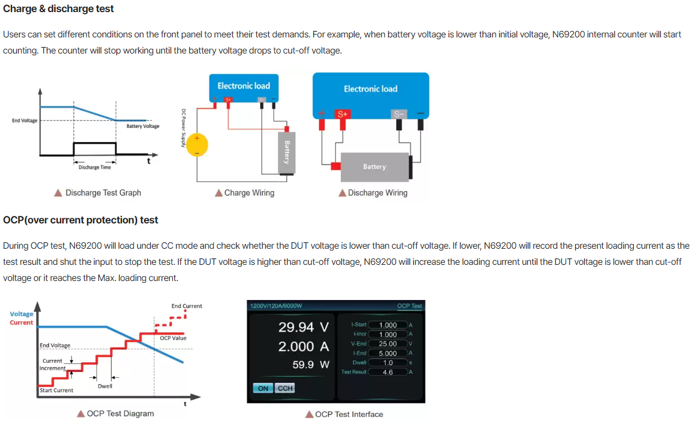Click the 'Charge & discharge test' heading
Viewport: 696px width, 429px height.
58,9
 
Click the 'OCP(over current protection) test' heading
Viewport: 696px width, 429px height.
81,220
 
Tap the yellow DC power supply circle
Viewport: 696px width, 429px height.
197,145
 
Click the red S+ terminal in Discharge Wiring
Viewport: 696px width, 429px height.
343,114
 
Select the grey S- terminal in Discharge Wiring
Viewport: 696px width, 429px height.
398,114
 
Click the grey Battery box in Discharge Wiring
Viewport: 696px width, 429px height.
375,167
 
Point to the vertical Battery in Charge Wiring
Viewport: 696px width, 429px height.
287,153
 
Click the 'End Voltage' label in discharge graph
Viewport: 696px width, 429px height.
25,120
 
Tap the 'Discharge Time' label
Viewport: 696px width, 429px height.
94,167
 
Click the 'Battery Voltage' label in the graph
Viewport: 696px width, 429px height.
143,126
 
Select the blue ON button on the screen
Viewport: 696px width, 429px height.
263,388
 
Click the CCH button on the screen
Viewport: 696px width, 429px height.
285,388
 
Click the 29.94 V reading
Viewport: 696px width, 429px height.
303,327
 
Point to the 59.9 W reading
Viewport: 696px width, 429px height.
311,365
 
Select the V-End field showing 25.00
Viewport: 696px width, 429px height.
388,344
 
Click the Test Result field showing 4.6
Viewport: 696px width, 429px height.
388,372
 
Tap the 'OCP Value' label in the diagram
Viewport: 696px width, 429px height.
173,338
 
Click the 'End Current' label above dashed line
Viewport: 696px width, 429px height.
187,306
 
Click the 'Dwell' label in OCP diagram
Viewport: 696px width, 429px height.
105,386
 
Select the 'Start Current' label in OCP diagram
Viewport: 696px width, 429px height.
56,390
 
